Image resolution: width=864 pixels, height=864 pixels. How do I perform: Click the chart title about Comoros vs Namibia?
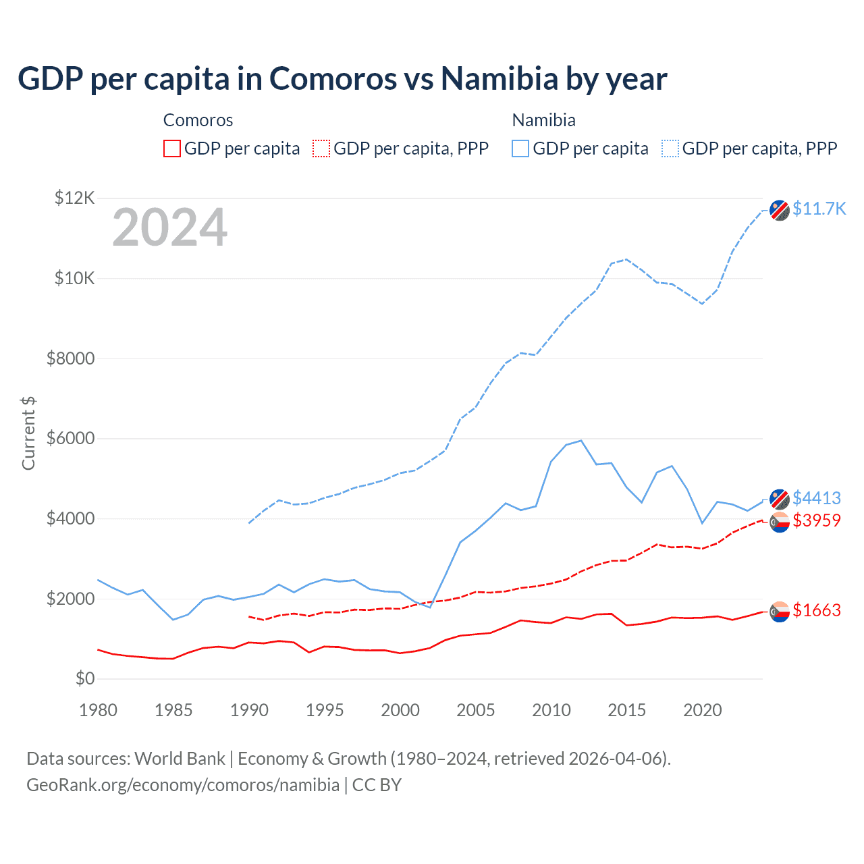[342, 79]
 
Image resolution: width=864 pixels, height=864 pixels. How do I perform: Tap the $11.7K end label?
[819, 209]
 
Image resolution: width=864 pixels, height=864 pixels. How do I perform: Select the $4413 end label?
[816, 498]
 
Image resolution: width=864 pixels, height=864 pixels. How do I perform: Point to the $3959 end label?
[816, 520]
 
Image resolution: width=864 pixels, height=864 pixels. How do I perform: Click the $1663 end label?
[816, 610]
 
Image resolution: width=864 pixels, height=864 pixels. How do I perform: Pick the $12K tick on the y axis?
[74, 198]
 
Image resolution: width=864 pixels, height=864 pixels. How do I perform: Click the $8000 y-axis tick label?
[70, 358]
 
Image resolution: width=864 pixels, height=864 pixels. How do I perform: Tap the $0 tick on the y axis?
[84, 678]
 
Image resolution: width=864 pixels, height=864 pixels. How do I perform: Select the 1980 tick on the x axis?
[99, 710]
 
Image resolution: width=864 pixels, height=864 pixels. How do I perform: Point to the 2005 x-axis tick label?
[476, 710]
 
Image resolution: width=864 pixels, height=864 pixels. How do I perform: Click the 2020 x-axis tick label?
[703, 710]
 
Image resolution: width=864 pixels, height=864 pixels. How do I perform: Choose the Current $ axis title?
[28, 433]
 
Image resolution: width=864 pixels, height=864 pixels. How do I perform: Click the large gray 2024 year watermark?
[169, 227]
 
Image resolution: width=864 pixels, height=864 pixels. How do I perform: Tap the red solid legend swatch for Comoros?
[172, 148]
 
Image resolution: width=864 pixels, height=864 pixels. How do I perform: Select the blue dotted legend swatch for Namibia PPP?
[670, 148]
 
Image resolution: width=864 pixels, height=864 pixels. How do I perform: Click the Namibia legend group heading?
[543, 120]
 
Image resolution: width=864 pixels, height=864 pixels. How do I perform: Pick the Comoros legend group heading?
[198, 120]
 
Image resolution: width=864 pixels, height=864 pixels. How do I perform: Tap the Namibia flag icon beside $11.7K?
[780, 210]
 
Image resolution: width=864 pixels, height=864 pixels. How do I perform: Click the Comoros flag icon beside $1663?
[780, 612]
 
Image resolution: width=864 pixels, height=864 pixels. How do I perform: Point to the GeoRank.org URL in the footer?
[183, 785]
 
